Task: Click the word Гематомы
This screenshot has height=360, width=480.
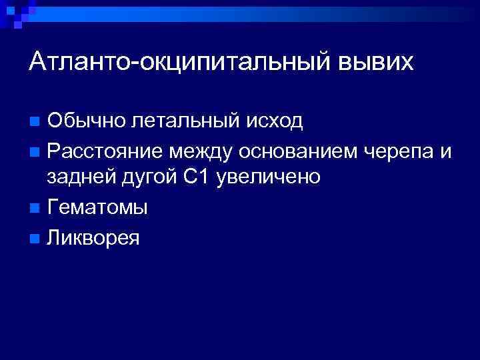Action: pyautogui.click(x=97, y=207)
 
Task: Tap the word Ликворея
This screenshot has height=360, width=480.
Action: pyautogui.click(x=93, y=237)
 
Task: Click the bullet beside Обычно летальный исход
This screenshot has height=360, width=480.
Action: pyautogui.click(x=35, y=122)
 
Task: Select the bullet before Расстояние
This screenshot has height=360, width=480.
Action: pyautogui.click(x=35, y=151)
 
